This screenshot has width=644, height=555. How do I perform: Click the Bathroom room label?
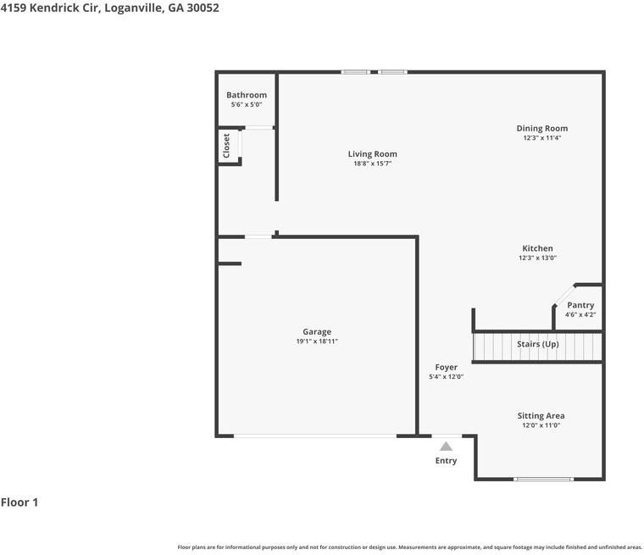coord(247,95)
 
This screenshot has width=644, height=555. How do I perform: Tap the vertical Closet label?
coord(226,146)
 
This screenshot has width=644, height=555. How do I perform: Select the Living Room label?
coord(373,154)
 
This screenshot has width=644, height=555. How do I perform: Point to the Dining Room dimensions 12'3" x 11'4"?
coord(542,138)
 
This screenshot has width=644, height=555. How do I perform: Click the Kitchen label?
coord(537,248)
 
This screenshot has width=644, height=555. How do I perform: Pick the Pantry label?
coord(580,305)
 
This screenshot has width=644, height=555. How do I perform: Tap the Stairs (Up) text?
coord(537,344)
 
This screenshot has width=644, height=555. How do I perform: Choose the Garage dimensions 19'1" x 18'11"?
coord(317,341)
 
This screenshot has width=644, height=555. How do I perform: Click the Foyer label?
coord(446,367)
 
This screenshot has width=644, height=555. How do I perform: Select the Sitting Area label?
coord(541,416)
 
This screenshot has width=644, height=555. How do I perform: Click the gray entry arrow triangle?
coord(446,447)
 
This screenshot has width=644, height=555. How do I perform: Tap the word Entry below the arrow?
coord(446,461)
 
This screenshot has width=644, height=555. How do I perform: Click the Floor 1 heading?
coord(19,502)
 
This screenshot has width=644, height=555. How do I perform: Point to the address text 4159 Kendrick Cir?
coord(49,8)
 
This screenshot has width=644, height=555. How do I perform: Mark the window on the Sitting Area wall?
coord(543,479)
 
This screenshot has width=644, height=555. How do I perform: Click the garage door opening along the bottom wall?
coord(315,436)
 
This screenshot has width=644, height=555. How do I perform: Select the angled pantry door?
coord(563,295)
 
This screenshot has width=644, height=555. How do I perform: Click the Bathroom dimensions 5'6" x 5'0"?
coord(247,105)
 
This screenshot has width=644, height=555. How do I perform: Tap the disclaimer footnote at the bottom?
coord(410,547)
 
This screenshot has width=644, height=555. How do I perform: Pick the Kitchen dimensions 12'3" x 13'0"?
coord(537,258)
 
